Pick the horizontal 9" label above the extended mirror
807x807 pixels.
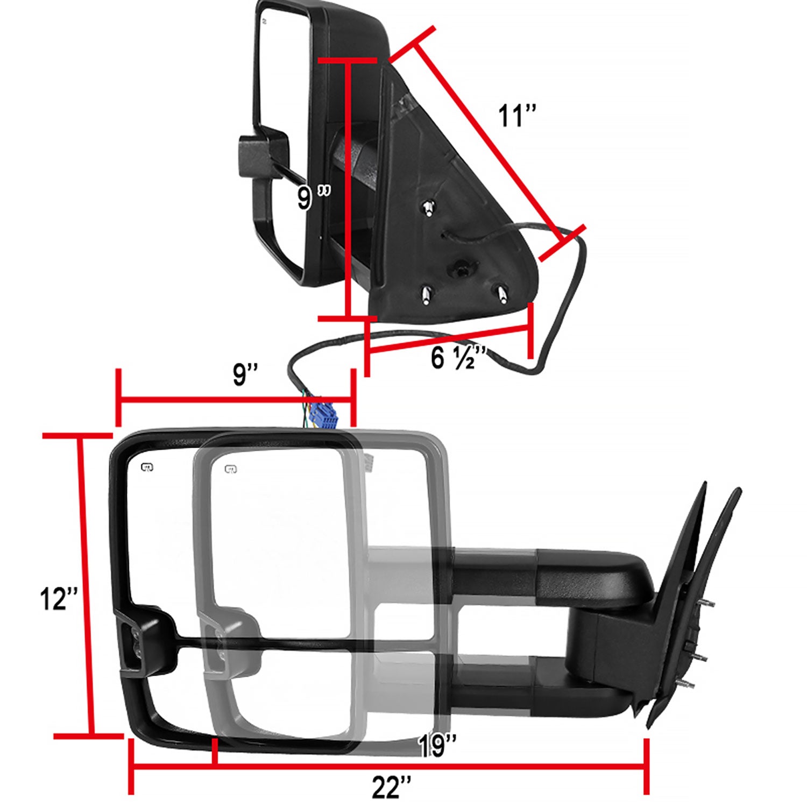[x=245, y=375]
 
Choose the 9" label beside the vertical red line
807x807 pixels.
[x=313, y=198]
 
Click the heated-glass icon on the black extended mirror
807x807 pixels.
[x=146, y=467]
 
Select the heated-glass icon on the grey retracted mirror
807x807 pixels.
[x=231, y=469]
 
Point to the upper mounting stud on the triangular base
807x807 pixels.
[x=429, y=208]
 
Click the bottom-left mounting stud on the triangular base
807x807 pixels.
[x=426, y=294]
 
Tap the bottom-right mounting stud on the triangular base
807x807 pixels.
[x=501, y=292]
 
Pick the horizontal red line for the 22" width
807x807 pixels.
[x=387, y=766]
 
